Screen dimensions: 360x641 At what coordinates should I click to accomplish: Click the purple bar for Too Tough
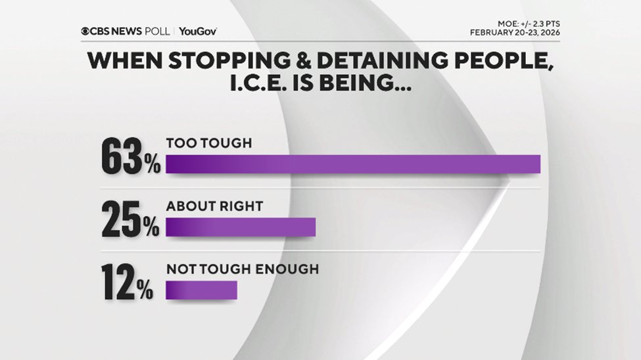click(x=353, y=164)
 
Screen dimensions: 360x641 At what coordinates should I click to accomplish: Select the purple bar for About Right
click(x=241, y=227)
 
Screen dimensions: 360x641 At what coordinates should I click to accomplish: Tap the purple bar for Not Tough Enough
click(x=201, y=290)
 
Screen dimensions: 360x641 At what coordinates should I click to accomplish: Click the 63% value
click(x=131, y=158)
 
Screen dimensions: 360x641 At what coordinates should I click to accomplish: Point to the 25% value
click(x=130, y=221)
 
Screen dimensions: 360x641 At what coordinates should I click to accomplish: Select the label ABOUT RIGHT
click(x=214, y=206)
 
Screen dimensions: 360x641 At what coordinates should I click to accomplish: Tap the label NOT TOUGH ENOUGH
click(x=243, y=269)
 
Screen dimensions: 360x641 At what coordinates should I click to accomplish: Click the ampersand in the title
click(x=291, y=61)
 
